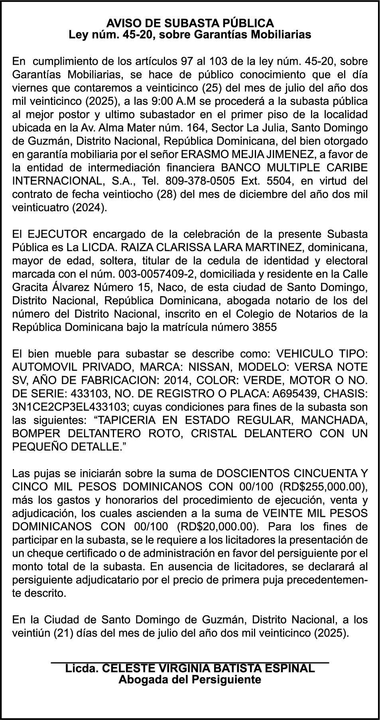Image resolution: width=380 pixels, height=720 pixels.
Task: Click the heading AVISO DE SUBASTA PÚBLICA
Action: point(190,23)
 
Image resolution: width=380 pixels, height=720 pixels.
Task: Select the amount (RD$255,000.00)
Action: point(323,487)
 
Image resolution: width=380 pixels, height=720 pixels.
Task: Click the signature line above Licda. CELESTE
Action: point(190,663)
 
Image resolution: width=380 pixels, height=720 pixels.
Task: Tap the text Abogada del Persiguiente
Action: point(190,679)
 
